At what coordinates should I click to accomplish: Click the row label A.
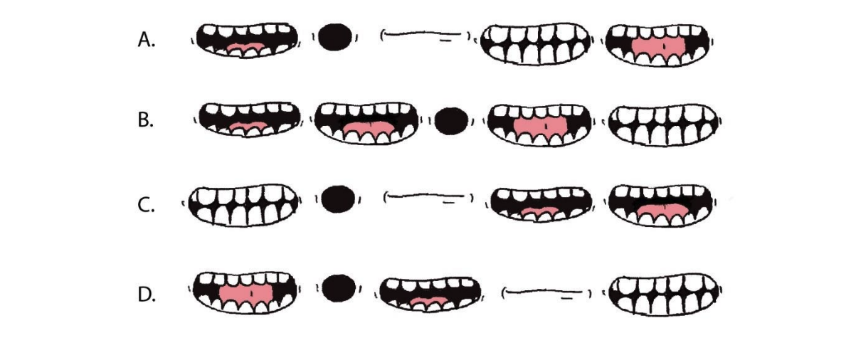click(145, 41)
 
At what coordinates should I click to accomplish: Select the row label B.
click(145, 120)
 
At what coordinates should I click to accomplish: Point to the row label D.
click(146, 294)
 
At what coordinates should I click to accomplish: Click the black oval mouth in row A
click(334, 37)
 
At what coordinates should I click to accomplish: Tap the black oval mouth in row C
click(337, 198)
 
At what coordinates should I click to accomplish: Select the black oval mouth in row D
click(338, 287)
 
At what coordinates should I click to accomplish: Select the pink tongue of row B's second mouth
click(367, 128)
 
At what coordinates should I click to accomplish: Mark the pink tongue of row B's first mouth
click(247, 127)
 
